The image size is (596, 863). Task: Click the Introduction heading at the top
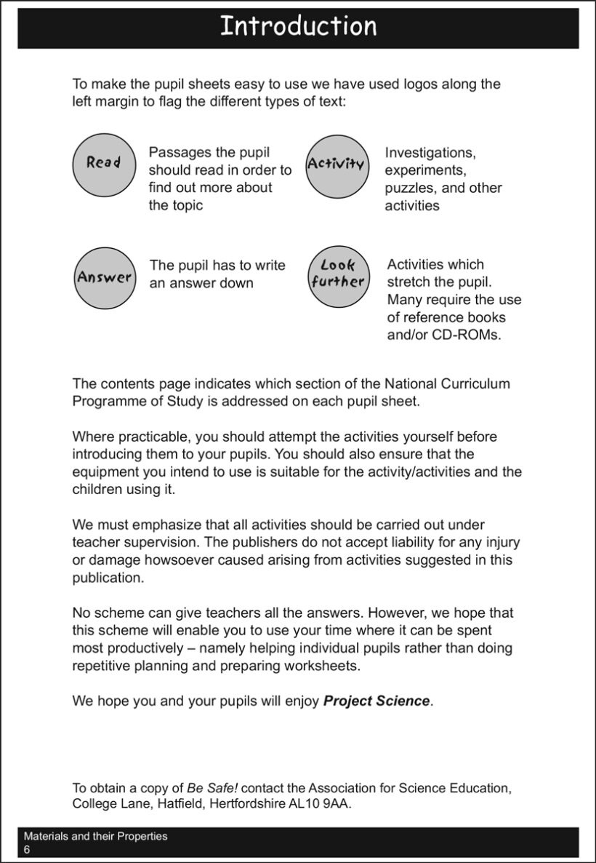tap(298, 26)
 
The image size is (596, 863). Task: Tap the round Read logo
tap(102, 163)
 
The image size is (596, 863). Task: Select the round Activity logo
tap(336, 164)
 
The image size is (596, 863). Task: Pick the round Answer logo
tap(105, 277)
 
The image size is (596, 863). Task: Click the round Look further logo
tap(337, 274)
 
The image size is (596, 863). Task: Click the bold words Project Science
tap(376, 701)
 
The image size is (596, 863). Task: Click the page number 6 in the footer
tap(27, 850)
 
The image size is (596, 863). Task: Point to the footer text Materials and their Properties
tap(95, 836)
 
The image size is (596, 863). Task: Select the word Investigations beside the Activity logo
tap(430, 153)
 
